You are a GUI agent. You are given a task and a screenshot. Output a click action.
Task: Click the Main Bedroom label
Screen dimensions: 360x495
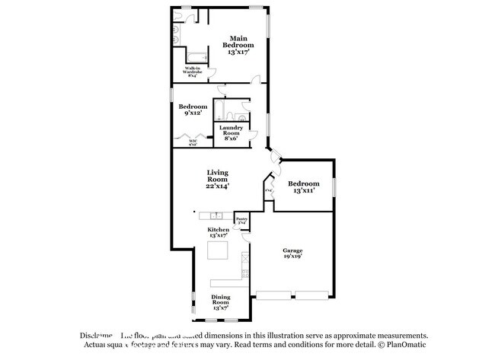coord(238,46)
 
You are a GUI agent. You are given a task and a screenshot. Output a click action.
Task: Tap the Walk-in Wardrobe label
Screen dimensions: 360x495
coord(191,72)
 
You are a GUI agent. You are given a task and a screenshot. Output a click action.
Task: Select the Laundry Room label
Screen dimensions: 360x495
coord(232,133)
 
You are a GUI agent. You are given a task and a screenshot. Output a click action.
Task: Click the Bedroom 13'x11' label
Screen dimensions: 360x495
coord(303,188)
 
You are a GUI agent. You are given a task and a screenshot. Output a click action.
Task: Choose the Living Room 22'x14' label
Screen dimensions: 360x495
coord(218,180)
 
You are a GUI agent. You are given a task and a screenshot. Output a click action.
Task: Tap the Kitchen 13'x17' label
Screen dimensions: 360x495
coord(219,232)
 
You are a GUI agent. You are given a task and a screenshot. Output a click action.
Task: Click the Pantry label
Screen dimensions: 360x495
coord(241,221)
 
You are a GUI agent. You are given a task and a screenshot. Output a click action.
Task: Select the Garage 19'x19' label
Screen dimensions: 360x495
coord(293,253)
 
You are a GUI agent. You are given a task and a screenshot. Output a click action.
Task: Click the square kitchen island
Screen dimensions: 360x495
coord(220,250)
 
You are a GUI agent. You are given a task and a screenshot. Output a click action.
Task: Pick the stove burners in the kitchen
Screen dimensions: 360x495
coord(244,263)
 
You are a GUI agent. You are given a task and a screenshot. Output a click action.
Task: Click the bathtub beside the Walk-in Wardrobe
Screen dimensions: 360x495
coord(196,56)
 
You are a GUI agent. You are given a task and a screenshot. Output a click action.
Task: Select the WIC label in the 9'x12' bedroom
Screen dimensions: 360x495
coord(183,142)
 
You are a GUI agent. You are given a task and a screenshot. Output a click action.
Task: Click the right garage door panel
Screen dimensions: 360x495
coord(312,294)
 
